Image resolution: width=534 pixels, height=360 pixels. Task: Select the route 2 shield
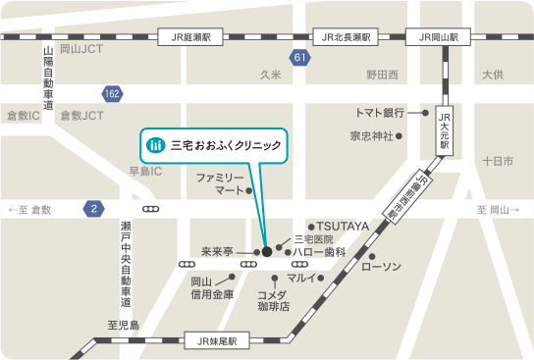(x=93, y=209)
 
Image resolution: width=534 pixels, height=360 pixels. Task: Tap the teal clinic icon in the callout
(x=154, y=145)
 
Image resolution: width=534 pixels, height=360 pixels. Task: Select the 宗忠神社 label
(x=372, y=135)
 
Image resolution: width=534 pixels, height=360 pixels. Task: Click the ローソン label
(x=382, y=267)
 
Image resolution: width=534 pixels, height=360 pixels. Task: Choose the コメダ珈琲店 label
(x=273, y=300)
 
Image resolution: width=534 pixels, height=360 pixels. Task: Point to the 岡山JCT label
(x=81, y=48)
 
